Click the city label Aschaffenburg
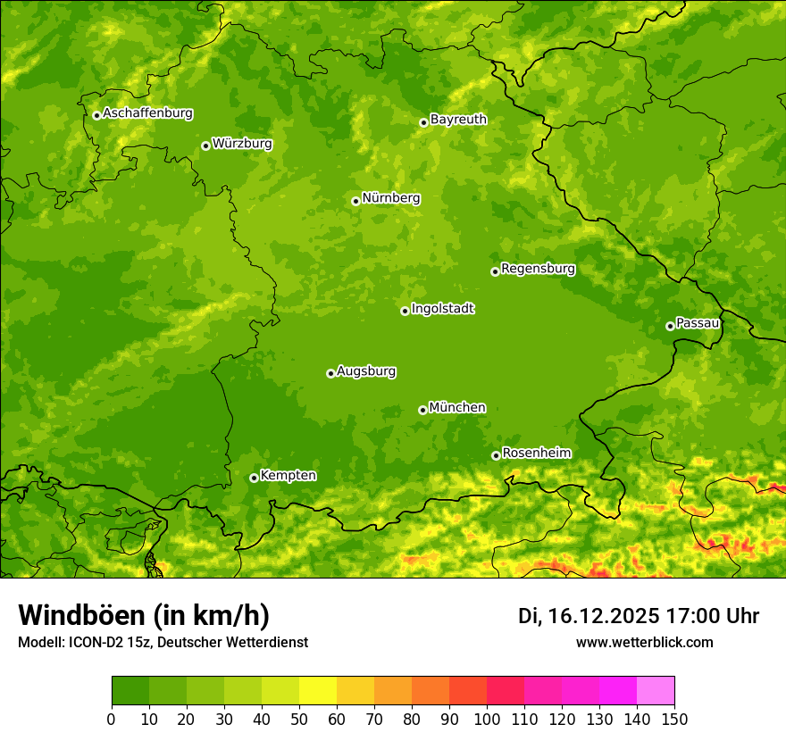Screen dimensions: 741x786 (147, 113)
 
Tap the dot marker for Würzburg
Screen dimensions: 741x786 (205, 146)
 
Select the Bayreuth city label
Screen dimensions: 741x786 (458, 119)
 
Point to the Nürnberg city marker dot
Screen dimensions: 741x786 (355, 201)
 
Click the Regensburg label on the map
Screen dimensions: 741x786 (538, 268)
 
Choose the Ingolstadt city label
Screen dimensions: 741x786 (442, 309)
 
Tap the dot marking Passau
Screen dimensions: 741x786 (670, 326)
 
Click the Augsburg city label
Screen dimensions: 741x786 (366, 370)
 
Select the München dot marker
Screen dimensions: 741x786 (422, 410)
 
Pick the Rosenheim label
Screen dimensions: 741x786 (536, 453)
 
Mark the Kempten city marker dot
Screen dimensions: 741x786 (254, 478)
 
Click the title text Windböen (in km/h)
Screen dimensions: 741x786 (144, 615)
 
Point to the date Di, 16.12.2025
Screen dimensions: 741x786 (589, 616)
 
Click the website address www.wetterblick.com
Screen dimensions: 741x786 (644, 642)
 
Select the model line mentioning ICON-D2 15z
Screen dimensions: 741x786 (163, 642)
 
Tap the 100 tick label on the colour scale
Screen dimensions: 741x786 (487, 720)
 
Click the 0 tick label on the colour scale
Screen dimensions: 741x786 (112, 720)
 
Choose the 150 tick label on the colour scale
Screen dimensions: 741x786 (674, 720)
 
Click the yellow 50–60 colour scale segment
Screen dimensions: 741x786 (318, 691)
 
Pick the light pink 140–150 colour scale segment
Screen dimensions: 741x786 (656, 691)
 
